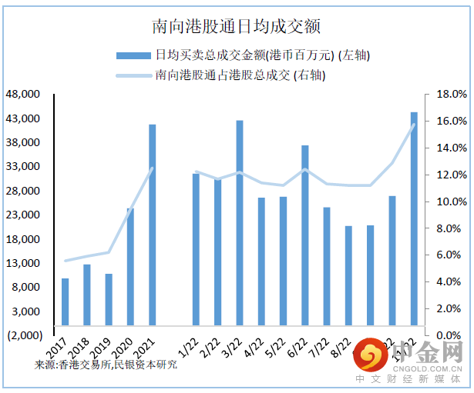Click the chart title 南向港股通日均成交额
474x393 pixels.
[x=237, y=26]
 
